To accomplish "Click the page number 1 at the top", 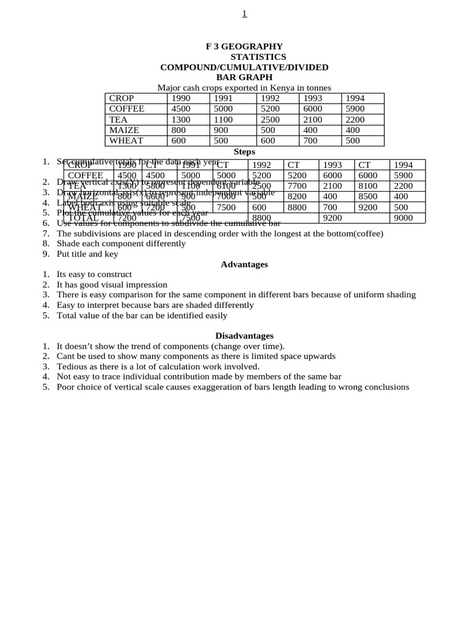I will [x=244, y=14].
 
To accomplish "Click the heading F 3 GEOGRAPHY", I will [x=244, y=46].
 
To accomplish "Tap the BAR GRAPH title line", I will [x=244, y=78].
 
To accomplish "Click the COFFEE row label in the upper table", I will [x=126, y=109].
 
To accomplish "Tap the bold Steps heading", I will [x=244, y=151].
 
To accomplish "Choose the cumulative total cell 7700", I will [x=297, y=186].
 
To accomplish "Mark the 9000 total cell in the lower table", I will [x=404, y=218].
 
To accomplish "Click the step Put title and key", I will [x=87, y=254].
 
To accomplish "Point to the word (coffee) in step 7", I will [x=367, y=233].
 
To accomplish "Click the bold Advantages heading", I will [x=244, y=264].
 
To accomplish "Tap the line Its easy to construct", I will [x=94, y=275].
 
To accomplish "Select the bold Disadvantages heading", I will [x=244, y=336].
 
